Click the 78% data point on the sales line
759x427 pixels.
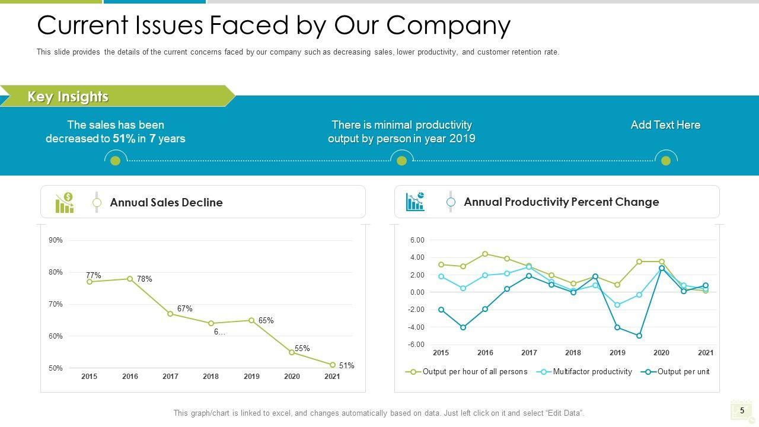(x=130, y=279)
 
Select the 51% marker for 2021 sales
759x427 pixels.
(x=333, y=365)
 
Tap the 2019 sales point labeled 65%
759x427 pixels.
(x=251, y=320)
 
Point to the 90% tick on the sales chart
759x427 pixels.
(x=56, y=240)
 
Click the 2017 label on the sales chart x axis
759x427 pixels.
(x=170, y=377)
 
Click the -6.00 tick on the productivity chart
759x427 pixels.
(x=417, y=345)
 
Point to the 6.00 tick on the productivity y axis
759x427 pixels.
(x=417, y=240)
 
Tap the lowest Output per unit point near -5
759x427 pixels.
(x=639, y=336)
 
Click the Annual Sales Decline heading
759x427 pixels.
(x=167, y=202)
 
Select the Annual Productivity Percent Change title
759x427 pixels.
(x=561, y=202)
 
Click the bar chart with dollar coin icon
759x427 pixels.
(x=65, y=202)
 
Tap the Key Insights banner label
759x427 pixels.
(x=68, y=97)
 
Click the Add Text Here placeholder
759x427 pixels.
(x=665, y=125)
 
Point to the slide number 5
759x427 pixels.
(x=741, y=410)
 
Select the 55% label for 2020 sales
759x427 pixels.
(x=302, y=348)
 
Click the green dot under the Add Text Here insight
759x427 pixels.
(x=666, y=161)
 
